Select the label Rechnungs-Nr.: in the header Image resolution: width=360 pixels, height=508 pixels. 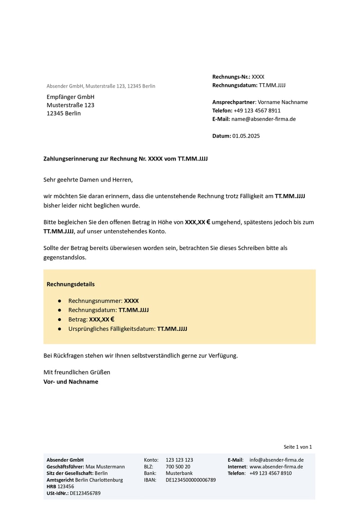(231, 77)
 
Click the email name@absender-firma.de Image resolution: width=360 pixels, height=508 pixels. (263, 119)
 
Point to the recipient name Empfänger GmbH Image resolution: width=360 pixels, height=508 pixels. (71, 97)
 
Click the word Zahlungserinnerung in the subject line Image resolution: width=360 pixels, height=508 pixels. (69, 159)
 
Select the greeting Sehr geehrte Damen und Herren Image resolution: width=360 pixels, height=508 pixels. (88, 180)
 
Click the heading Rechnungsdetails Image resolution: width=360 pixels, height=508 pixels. (71, 285)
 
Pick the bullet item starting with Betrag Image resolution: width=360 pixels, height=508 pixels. (91, 320)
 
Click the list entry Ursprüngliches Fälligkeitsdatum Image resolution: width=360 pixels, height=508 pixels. (127, 329)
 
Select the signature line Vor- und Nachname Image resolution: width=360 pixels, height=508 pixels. (71, 382)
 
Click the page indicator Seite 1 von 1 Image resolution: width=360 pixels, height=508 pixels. (297, 447)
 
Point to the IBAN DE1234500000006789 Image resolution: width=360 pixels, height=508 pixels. (191, 480)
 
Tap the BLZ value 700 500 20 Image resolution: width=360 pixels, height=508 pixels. (178, 467)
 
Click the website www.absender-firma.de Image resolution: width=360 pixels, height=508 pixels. (276, 467)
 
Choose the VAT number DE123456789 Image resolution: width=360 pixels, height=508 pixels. (85, 493)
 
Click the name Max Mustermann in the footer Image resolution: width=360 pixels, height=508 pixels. (105, 467)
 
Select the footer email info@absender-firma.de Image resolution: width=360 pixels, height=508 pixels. (276, 460)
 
